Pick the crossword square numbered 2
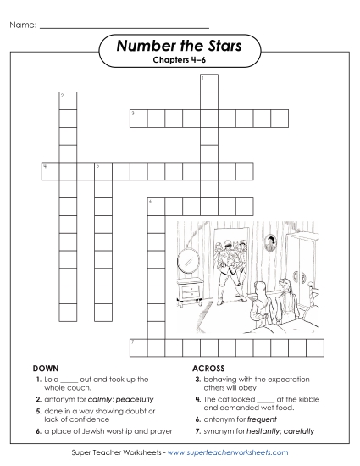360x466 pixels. [65, 100]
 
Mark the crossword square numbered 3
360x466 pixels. [136, 117]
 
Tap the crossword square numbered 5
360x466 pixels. [102, 170]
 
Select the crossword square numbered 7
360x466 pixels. [136, 346]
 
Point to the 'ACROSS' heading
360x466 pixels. [208, 370]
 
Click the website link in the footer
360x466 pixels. [228, 452]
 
